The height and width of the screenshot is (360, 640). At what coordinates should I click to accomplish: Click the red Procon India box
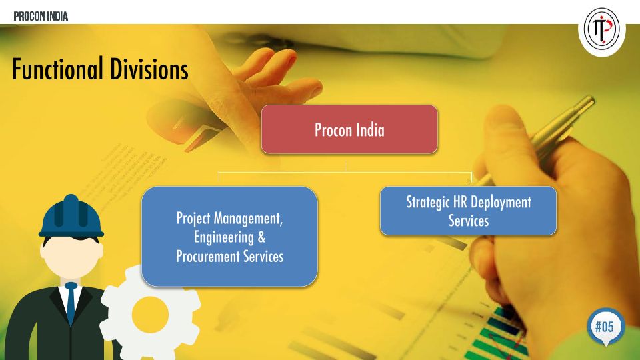click(349, 129)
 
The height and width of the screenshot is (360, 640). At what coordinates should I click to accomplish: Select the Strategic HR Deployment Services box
click(468, 211)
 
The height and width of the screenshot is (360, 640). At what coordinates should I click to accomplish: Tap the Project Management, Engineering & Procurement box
click(229, 237)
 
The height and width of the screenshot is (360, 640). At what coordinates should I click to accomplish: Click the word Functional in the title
click(57, 69)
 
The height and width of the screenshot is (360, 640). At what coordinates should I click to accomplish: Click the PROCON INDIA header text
click(41, 16)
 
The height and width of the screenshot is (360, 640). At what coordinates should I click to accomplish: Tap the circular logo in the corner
click(601, 30)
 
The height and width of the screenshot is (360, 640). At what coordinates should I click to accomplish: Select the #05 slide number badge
click(606, 326)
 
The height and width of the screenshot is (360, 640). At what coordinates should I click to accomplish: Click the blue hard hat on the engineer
click(71, 216)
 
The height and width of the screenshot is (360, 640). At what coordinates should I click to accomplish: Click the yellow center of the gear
click(150, 315)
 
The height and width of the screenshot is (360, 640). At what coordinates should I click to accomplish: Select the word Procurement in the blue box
click(208, 257)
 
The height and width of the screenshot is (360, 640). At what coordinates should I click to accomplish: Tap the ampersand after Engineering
click(261, 237)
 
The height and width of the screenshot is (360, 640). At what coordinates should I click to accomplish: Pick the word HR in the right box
click(460, 201)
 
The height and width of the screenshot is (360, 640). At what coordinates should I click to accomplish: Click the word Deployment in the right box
click(501, 203)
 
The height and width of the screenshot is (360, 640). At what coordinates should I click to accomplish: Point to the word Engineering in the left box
click(224, 238)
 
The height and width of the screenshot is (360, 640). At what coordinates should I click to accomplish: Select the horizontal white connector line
click(345, 172)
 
